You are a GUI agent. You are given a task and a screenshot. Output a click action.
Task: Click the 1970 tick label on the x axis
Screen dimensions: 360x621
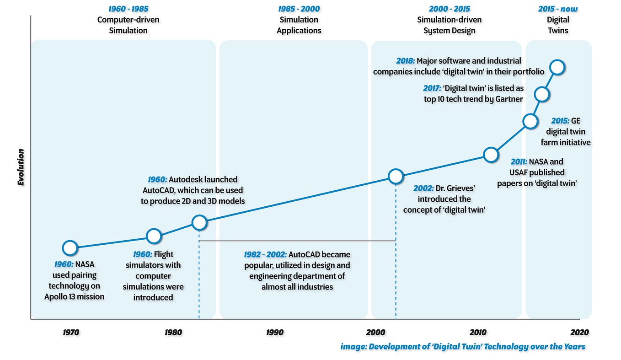click(71, 333)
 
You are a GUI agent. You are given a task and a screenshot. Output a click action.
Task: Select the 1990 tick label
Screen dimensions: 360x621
click(275, 333)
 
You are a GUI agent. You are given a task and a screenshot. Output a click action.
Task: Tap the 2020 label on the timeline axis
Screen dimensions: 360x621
click(580, 333)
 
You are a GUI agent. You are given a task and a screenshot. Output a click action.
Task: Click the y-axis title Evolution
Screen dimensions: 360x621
click(21, 167)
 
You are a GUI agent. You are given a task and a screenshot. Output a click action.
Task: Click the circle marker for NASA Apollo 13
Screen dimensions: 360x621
click(70, 248)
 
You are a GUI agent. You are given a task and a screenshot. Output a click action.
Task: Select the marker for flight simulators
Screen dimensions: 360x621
click(154, 236)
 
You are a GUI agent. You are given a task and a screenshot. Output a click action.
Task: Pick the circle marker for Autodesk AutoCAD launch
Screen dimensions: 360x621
click(199, 223)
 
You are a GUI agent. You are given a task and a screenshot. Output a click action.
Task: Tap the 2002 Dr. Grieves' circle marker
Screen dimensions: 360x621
click(396, 176)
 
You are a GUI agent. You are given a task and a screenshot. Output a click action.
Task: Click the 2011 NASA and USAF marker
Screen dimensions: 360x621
click(491, 155)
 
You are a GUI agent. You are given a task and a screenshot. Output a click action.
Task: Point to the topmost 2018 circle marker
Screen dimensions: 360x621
click(557, 67)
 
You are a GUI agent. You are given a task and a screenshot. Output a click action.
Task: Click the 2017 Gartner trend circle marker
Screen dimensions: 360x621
click(542, 94)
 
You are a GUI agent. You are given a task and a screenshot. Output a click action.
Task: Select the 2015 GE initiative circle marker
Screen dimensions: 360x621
click(530, 121)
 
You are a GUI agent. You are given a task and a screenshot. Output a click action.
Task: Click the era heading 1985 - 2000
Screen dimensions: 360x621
click(299, 9)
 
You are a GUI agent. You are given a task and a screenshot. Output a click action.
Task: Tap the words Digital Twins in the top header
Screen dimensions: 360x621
click(558, 25)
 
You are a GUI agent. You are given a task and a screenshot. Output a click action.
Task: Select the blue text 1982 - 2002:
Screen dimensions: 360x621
click(265, 254)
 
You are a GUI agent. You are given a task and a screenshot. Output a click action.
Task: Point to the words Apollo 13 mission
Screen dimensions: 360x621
click(74, 296)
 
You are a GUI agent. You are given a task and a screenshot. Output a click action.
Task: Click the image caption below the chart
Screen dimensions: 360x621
click(463, 346)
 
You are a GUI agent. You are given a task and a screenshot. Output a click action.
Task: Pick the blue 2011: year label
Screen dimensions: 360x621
click(519, 161)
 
